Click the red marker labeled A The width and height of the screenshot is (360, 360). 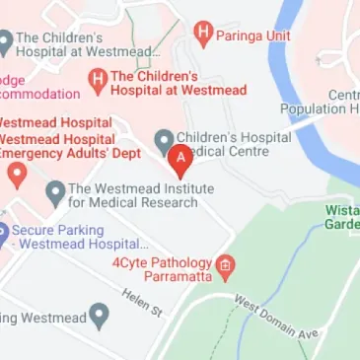pos(180,158)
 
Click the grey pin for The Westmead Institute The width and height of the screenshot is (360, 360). pos(55,190)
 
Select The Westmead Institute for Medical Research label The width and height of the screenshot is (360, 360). pos(133,196)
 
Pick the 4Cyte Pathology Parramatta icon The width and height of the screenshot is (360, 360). pos(226,264)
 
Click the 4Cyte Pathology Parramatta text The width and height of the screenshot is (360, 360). pos(163,270)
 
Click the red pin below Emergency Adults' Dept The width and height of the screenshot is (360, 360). pos(17,175)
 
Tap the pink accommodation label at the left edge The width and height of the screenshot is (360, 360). pos(39,87)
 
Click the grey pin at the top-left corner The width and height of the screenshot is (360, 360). pos(4,42)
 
